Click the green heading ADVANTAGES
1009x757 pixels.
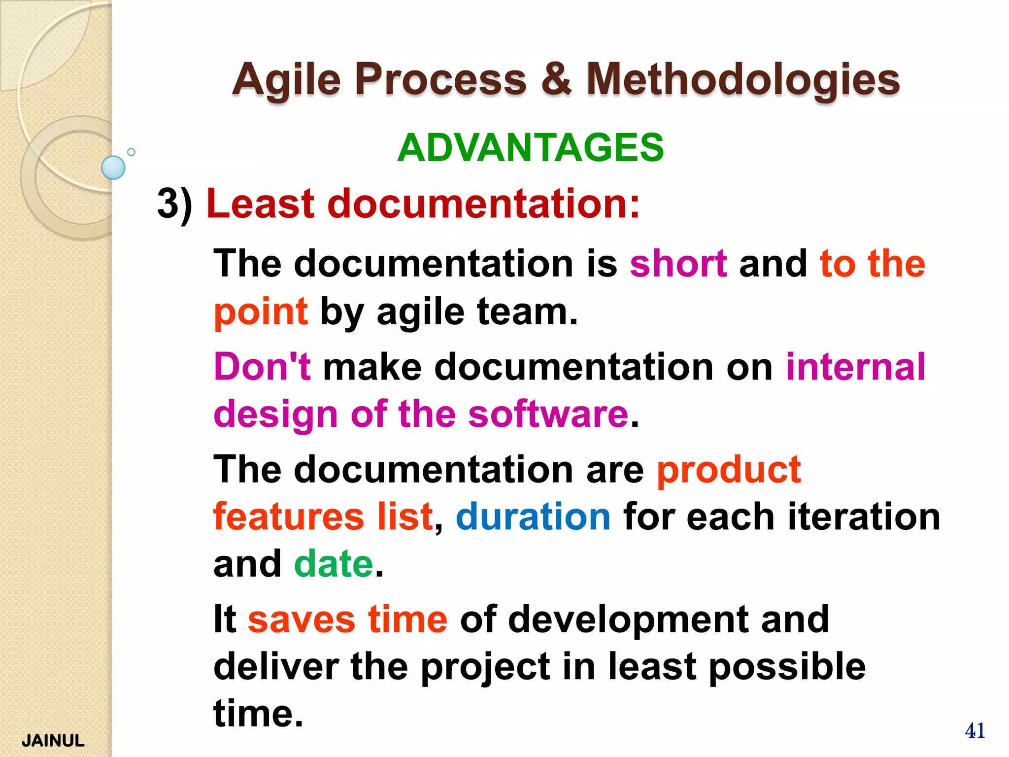point(531,147)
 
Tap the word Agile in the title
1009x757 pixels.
point(286,80)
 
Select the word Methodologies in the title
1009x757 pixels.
point(743,80)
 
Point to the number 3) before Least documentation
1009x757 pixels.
point(175,204)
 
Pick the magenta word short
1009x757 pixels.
point(678,264)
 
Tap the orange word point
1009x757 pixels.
point(261,312)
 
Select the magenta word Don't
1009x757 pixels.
point(262,367)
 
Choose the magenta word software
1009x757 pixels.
point(548,414)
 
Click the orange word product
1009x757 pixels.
point(729,469)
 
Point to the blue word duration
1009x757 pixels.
point(533,516)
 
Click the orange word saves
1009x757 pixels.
point(301,619)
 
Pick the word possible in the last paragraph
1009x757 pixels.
point(787,666)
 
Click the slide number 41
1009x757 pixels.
point(975,730)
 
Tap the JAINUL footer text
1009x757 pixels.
point(53,741)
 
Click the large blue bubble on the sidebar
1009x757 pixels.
point(113,168)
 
